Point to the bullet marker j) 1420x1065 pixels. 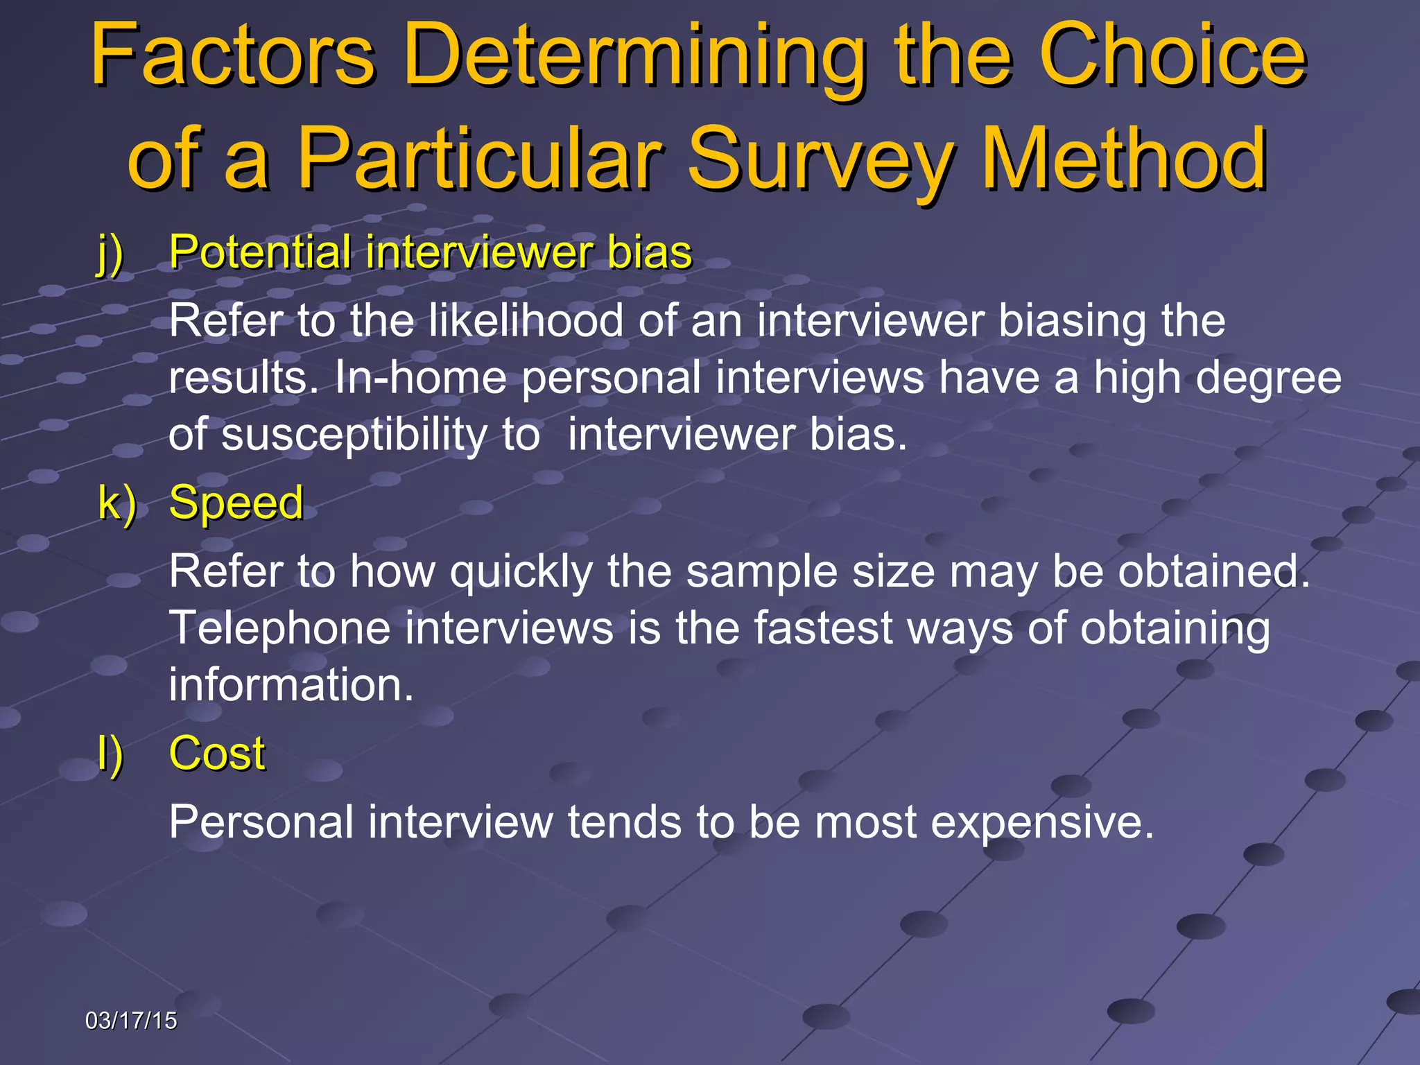110,253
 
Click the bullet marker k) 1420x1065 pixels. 116,503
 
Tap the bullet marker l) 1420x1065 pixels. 110,754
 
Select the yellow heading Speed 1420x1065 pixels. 236,503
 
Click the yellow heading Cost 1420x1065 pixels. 217,754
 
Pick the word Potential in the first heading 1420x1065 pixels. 260,252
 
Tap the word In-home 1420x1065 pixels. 420,378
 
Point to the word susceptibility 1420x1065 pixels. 354,436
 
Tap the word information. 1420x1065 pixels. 291,685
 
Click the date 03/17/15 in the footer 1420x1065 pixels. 131,1021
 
